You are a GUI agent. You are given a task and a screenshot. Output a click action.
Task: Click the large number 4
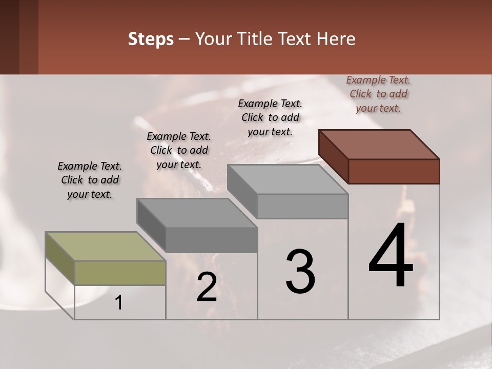[391, 256]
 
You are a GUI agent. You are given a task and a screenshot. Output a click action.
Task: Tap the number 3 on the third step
[300, 272]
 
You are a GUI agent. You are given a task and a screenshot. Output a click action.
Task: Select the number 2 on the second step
[207, 287]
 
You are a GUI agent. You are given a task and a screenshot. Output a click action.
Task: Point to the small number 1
[118, 303]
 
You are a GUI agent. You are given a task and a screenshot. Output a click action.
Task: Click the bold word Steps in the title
[151, 39]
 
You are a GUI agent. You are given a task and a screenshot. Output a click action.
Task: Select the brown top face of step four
[379, 144]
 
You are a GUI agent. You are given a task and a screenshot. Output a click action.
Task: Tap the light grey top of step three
[288, 179]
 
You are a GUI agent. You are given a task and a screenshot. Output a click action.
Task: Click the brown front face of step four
[394, 171]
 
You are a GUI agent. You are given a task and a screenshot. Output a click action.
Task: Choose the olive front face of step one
[120, 273]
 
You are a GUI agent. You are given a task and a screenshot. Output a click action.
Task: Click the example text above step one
[90, 180]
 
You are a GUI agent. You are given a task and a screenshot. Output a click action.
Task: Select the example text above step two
[179, 150]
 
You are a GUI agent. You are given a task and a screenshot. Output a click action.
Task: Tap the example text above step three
[270, 117]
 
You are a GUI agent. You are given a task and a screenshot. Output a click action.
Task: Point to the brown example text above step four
[378, 94]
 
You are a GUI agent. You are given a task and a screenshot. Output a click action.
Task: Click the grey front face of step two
[212, 240]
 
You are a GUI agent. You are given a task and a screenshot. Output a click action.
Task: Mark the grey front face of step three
[302, 206]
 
